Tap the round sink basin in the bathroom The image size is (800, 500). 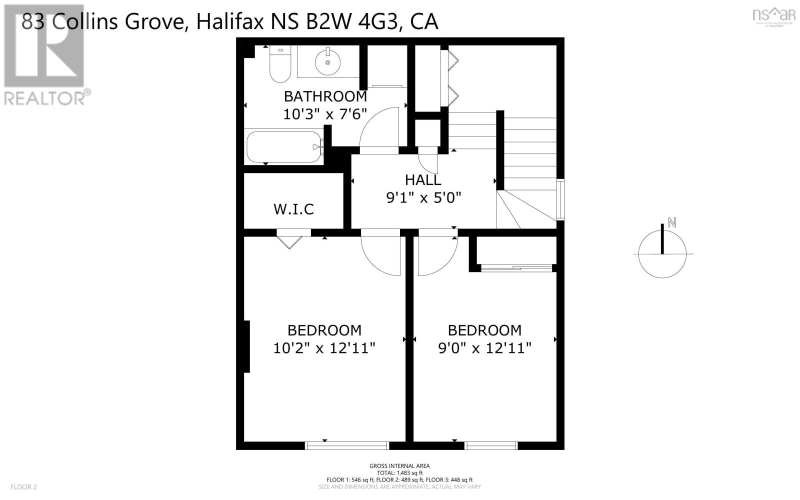328,62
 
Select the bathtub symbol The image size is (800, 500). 283,147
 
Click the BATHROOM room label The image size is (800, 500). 325,96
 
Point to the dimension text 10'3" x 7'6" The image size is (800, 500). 325,114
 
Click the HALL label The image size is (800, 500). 423,180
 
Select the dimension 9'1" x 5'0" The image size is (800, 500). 423,198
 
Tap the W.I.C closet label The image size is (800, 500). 293,209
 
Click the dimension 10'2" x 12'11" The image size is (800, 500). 324,348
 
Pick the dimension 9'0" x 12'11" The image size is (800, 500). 484,348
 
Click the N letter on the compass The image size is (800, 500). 672,223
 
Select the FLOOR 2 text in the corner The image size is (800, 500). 24,486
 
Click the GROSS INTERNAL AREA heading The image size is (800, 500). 399,466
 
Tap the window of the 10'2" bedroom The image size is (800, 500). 347,445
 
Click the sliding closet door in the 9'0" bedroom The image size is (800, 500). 516,268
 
